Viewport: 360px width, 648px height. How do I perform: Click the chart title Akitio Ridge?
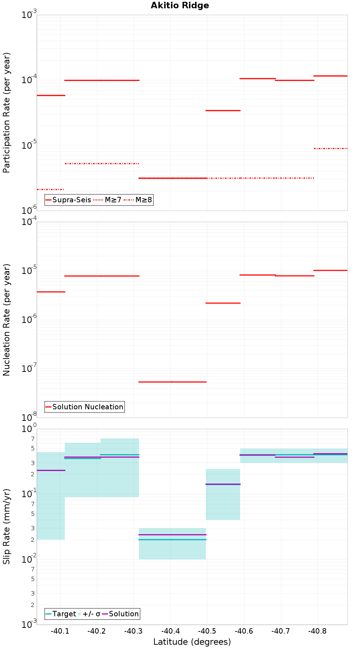point(180,5)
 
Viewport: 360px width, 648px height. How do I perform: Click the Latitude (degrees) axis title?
point(192,642)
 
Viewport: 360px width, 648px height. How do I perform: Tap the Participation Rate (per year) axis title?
point(6,113)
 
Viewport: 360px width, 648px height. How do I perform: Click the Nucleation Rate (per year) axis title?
point(6,320)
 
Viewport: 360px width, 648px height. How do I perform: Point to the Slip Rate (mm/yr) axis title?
point(6,526)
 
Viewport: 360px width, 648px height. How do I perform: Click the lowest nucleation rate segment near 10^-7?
point(172,382)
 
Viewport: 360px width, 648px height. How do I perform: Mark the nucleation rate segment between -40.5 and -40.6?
point(223,303)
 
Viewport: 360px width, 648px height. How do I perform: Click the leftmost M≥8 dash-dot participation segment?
point(50,189)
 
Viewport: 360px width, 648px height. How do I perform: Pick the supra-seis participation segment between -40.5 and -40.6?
point(223,111)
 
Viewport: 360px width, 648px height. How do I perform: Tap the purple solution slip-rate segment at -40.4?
point(172,535)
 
